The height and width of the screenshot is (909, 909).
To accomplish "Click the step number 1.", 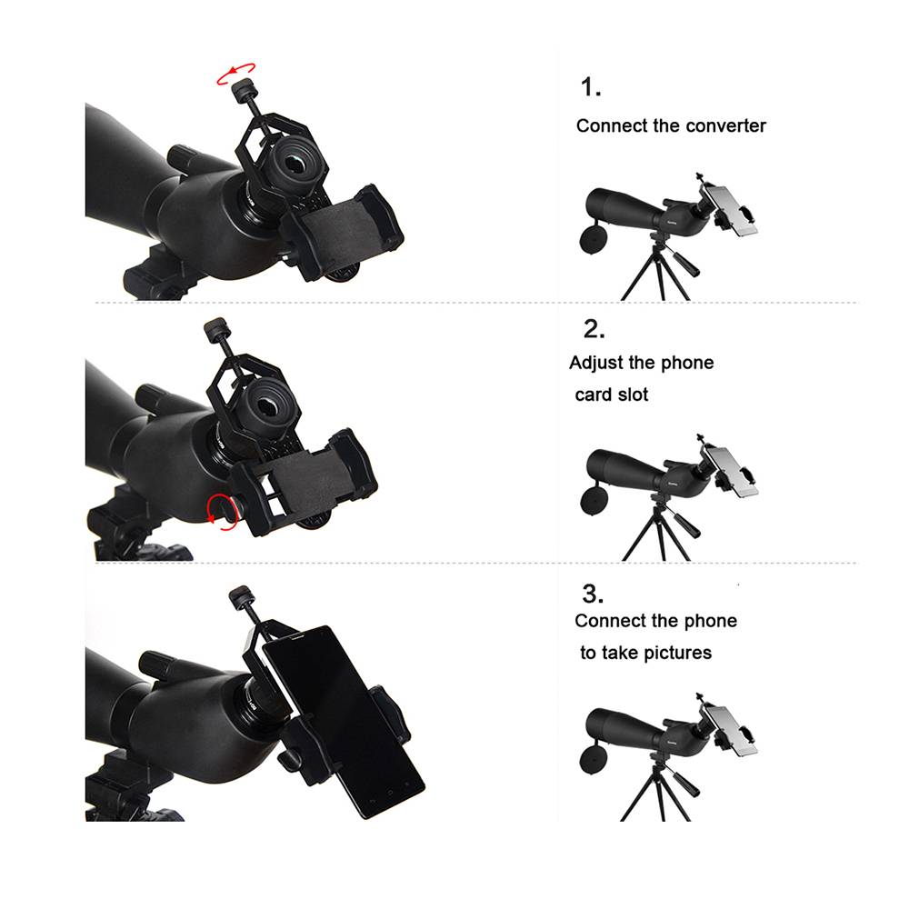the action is [590, 87].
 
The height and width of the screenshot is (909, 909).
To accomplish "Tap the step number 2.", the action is [594, 329].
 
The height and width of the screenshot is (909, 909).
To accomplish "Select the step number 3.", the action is [593, 594].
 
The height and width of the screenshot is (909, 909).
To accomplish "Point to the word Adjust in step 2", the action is [595, 363].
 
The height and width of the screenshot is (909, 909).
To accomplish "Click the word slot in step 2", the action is [632, 395].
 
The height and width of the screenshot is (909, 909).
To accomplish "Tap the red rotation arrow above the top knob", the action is [235, 73].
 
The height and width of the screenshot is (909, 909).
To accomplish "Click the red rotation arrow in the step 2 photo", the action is [223, 512].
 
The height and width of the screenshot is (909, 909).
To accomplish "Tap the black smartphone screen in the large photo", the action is [342, 719].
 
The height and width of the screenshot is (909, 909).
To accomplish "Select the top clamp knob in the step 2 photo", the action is [217, 330].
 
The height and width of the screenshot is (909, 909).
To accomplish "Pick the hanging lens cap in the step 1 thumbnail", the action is [594, 239].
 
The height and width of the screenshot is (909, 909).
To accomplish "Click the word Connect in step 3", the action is [604, 621].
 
